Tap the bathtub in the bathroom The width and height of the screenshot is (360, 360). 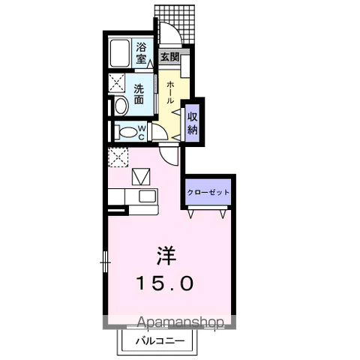coord(120,53)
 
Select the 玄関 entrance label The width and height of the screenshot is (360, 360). coord(170,57)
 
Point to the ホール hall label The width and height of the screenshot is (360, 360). coord(170,92)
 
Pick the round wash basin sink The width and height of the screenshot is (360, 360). coord(121,106)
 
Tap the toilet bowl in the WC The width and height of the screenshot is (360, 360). coord(127,133)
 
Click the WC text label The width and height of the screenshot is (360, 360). coord(142,133)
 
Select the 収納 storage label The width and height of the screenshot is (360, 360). coord(193,124)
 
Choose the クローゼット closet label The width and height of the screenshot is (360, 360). coord(208,192)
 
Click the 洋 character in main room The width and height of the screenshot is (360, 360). coord(166,256)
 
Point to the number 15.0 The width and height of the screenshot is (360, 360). coord(165,283)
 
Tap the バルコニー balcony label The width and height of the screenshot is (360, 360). coord(160,340)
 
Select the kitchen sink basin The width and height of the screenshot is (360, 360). coord(147,196)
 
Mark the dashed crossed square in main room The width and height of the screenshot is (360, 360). coord(118,157)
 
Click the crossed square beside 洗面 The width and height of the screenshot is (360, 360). coord(117,83)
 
